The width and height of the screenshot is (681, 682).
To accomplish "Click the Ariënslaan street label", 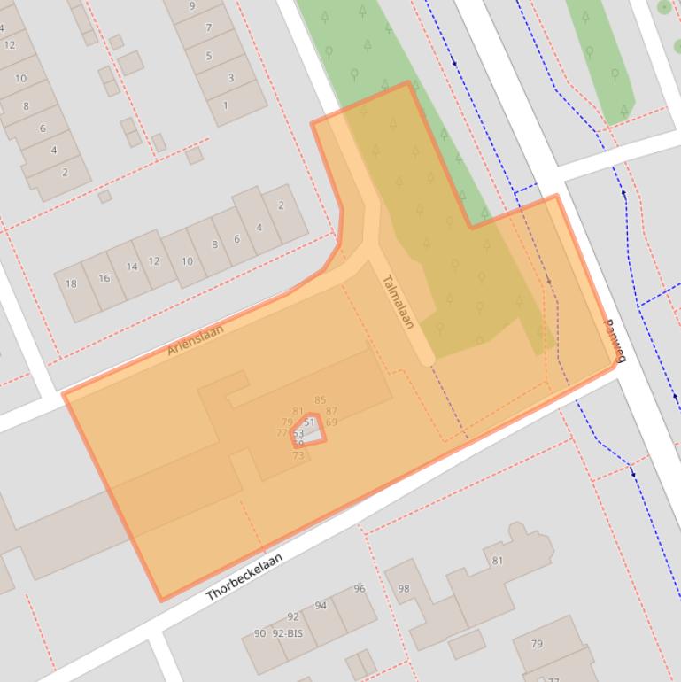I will [196, 339].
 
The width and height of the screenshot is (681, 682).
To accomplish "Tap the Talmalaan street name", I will [398, 302].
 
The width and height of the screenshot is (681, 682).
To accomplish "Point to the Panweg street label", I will [615, 341].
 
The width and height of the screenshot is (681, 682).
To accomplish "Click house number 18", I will [71, 284].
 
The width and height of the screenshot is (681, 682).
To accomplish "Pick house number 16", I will [104, 278].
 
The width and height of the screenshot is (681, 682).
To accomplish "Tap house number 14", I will [131, 267].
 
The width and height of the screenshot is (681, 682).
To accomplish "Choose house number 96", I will [360, 589].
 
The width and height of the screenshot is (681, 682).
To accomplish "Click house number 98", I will [404, 589].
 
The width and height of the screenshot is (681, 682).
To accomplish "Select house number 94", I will [321, 606].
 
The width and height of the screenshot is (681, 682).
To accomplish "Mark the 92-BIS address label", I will [288, 633].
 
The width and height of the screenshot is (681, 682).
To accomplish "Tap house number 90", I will [259, 633].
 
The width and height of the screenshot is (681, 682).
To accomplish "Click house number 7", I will [209, 27].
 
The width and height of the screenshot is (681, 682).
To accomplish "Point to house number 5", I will [209, 57].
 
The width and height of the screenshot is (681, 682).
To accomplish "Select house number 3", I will [231, 78].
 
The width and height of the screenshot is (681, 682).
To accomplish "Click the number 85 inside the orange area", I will [320, 400].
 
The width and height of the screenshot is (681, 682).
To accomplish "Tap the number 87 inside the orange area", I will [331, 411].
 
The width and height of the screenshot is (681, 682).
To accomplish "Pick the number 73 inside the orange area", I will [298, 455].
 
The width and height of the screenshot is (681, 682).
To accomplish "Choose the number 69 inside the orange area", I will [331, 422].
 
